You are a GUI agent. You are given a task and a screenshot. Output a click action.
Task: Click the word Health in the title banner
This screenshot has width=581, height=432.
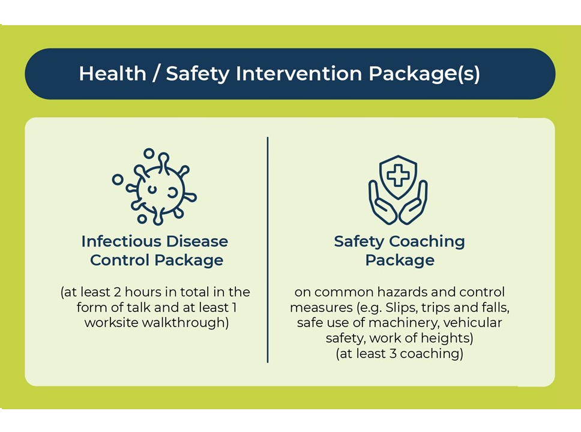[x=113, y=73]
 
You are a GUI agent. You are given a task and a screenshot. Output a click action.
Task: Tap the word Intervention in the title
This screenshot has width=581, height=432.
[x=299, y=73]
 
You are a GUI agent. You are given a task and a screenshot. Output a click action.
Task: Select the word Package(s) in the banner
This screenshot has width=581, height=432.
[x=424, y=74]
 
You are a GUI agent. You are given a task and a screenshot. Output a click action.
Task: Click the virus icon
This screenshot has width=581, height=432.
[x=154, y=187]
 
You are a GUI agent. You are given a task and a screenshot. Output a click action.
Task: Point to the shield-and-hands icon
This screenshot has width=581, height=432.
[x=398, y=190]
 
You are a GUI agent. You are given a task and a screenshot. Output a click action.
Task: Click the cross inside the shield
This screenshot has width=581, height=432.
[x=398, y=175]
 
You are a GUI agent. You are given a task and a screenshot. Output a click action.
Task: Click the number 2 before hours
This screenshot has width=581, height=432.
[x=117, y=292]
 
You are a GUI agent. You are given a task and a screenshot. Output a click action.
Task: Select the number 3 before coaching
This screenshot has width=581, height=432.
[x=393, y=353]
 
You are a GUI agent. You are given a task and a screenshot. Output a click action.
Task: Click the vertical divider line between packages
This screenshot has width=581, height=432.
[x=268, y=250]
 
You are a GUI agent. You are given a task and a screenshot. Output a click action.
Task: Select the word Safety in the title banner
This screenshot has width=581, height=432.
[x=198, y=74]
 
